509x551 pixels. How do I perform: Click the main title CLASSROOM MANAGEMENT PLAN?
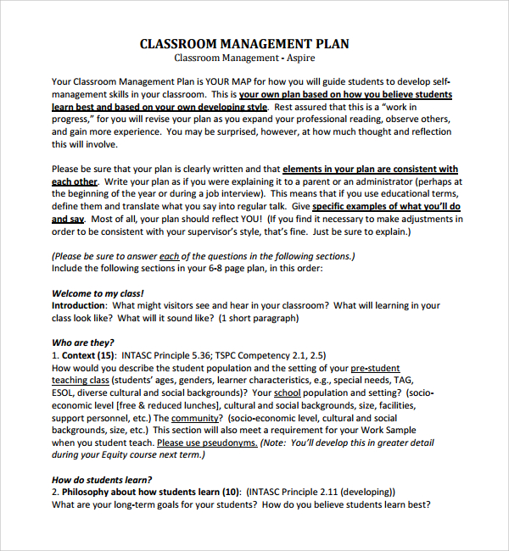tap(244, 44)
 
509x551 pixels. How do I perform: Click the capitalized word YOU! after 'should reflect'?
tap(257, 219)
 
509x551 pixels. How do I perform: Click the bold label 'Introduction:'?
tap(79, 306)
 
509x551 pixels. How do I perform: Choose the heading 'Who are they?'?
tap(84, 343)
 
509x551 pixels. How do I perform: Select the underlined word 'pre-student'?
tap(375, 369)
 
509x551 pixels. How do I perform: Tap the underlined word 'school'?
tap(288, 393)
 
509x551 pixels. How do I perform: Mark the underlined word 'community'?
tap(195, 418)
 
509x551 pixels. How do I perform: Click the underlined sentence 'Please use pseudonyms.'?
tap(206, 442)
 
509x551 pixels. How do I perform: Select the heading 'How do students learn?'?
tap(102, 480)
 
